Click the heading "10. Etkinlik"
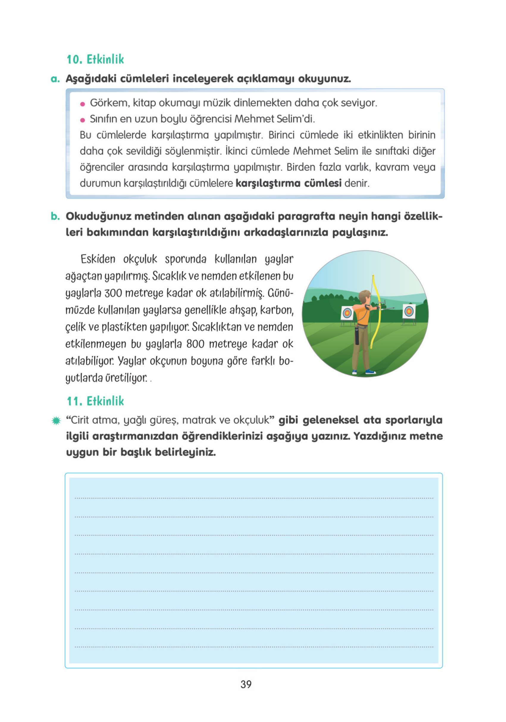click(95, 59)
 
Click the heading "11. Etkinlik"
click(95, 401)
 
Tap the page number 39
click(246, 684)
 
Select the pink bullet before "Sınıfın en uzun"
click(83, 120)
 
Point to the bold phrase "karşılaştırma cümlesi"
click(288, 183)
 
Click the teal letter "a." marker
click(55, 79)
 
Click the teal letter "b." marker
click(55, 216)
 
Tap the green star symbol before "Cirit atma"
click(56, 421)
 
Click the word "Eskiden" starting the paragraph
click(98, 259)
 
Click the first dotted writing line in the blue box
click(254, 498)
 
